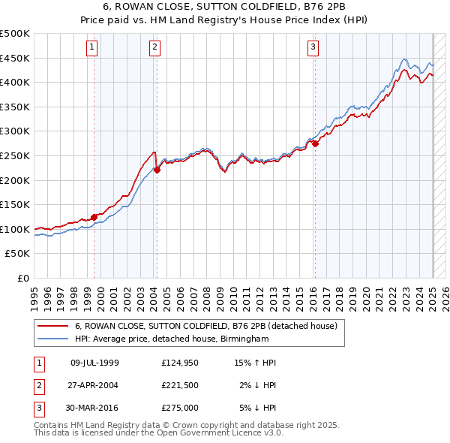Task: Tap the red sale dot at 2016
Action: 316,143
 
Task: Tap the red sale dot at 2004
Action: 157,170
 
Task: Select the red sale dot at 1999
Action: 94,217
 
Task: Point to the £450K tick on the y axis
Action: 16,58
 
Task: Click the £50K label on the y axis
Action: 19,254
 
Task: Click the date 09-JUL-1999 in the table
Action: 94,363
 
